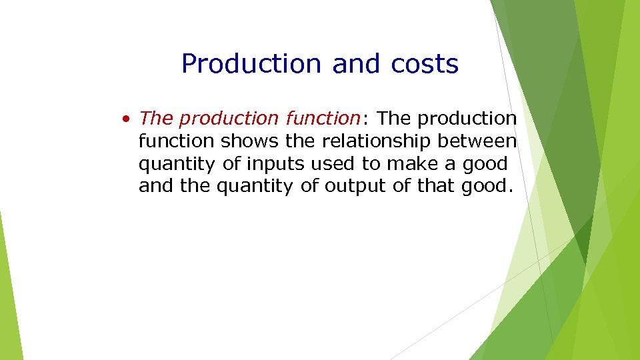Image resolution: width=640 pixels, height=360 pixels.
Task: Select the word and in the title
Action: click(357, 64)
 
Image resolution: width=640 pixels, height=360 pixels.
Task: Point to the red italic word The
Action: click(156, 119)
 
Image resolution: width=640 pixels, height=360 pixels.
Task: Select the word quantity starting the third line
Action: click(176, 164)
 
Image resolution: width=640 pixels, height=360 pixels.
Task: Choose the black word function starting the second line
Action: click(176, 141)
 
